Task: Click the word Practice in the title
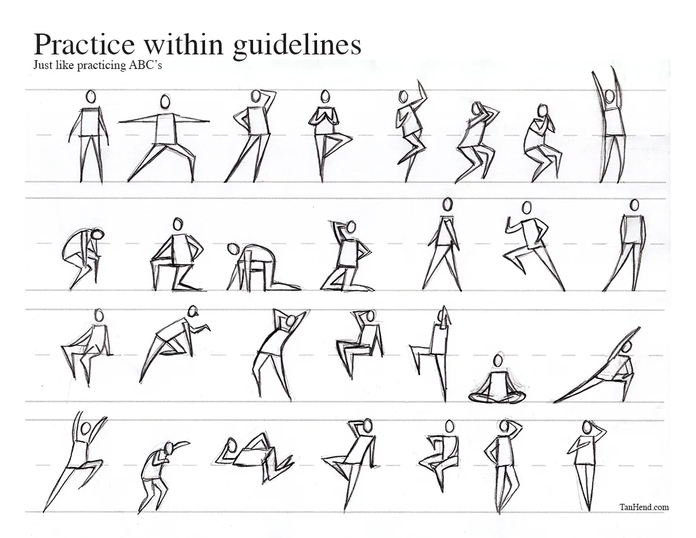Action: pos(84,44)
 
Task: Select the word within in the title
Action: pos(184,44)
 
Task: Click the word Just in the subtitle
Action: pos(42,65)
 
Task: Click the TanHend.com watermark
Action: pos(644,507)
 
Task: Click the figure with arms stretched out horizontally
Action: pos(163,137)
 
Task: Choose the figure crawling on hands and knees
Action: pos(263,266)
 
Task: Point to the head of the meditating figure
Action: pos(499,360)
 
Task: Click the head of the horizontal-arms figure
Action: pos(165,101)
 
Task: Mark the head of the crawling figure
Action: pos(232,249)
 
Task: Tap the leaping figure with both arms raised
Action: pos(75,461)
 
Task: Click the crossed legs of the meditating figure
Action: pos(497,396)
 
